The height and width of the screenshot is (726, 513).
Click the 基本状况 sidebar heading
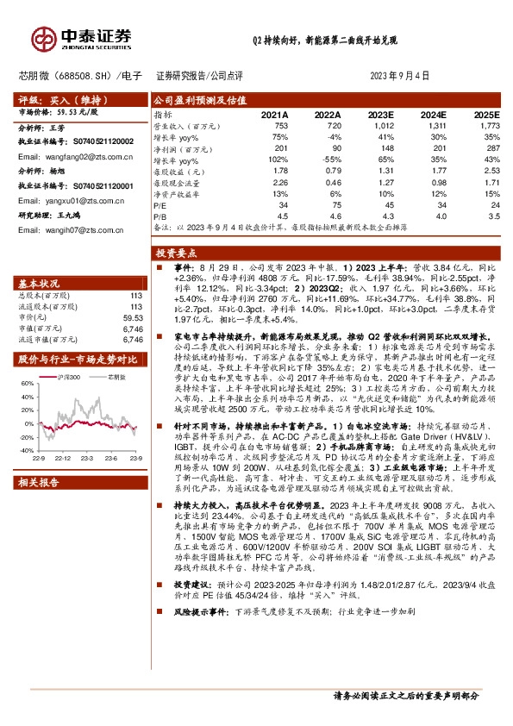40,283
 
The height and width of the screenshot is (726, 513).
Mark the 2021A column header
273,114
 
